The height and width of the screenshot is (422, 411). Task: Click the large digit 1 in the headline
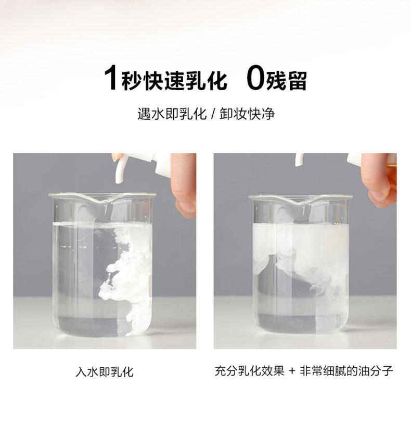pyautogui.click(x=111, y=79)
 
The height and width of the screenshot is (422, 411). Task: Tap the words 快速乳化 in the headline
pyautogui.click(x=186, y=80)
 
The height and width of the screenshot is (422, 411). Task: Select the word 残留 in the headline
pyautogui.click(x=286, y=80)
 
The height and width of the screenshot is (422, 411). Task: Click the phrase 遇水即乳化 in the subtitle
pyautogui.click(x=172, y=114)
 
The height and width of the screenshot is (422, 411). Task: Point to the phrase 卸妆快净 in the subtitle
pyautogui.click(x=247, y=114)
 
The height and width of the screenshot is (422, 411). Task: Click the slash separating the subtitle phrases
pyautogui.click(x=213, y=114)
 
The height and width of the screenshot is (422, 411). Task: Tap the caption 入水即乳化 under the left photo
pyautogui.click(x=105, y=372)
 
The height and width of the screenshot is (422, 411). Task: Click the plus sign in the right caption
pyautogui.click(x=292, y=371)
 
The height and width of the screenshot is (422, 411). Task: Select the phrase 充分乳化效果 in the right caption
pyautogui.click(x=249, y=371)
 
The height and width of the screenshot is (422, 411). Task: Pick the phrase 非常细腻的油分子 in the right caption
pyautogui.click(x=346, y=371)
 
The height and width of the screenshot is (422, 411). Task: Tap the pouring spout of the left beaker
pyautogui.click(x=103, y=201)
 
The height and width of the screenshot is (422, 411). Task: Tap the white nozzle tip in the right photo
pyautogui.click(x=300, y=160)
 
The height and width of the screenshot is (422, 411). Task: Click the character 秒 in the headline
pyautogui.click(x=132, y=80)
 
